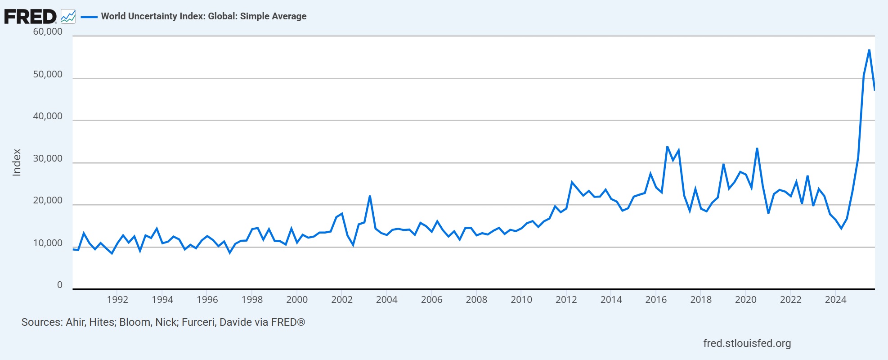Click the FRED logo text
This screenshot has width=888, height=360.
30,17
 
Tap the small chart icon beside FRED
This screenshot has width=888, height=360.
68,17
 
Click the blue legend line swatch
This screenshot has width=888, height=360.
89,17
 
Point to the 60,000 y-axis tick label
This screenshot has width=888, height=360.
48,31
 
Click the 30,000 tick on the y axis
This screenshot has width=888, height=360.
48,159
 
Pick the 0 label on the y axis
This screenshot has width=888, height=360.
60,285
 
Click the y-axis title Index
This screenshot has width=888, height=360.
17,162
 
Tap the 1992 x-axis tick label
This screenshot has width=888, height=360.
117,300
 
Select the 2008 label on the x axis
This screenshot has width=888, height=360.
476,300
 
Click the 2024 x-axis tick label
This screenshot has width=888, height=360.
835,300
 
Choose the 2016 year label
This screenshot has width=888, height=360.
656,300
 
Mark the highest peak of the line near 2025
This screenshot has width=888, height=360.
869,50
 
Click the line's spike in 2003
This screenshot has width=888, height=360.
370,196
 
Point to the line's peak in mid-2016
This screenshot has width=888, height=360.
667,147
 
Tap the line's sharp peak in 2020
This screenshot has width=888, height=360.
757,148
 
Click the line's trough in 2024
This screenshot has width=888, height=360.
841,229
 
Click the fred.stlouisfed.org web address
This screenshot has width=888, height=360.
747,343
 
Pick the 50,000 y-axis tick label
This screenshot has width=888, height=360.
48,74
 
